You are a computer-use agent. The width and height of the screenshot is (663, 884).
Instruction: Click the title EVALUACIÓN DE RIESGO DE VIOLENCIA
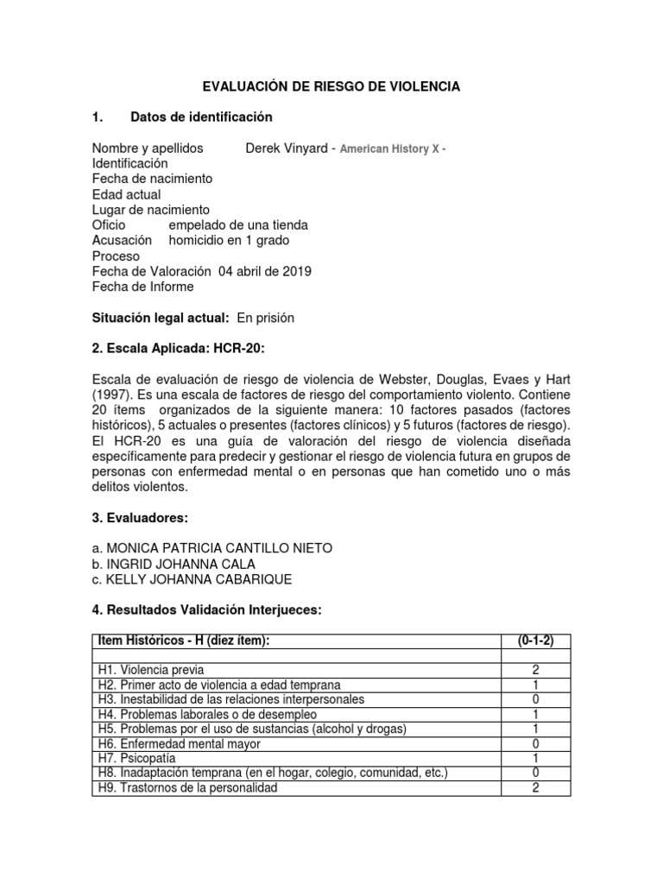pos(331,86)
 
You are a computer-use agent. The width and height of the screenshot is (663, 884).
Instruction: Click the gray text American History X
pos(389,149)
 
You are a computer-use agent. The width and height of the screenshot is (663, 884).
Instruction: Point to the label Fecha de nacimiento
pos(152,179)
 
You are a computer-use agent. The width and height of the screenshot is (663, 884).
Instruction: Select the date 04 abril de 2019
pos(266,271)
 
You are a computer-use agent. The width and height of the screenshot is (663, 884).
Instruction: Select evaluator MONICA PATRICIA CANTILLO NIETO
pos(212,548)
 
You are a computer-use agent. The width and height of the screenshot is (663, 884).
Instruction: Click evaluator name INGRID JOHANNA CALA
pos(174,563)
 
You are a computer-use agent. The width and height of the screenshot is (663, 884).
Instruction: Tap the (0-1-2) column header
pos(536,640)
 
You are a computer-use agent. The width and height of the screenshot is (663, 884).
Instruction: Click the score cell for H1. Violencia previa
pos(536,670)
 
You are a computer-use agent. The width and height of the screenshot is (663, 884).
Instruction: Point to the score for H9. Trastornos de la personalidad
pos(536,787)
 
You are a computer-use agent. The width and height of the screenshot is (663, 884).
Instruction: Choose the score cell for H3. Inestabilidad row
pos(536,699)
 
